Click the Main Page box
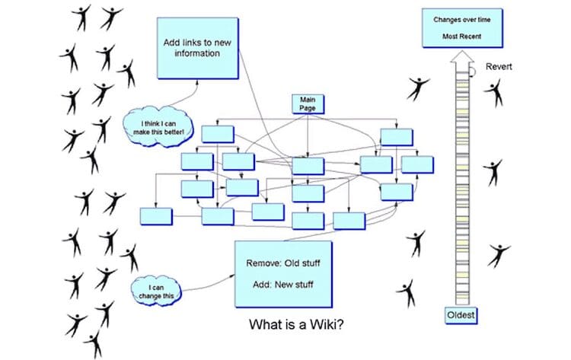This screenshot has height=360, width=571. point(307,104)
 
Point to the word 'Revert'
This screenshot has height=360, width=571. point(499,66)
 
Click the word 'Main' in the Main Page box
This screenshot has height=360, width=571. point(307,100)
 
